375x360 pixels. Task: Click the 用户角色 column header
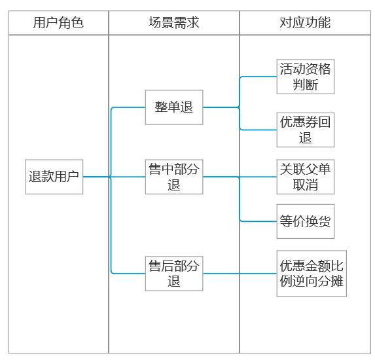[58, 23]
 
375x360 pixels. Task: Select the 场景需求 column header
[174, 23]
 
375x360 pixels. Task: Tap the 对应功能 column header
[305, 23]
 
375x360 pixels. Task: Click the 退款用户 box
[54, 177]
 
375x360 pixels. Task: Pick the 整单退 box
[174, 107]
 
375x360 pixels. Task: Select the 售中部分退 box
[174, 177]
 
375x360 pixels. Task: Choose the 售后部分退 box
[174, 274]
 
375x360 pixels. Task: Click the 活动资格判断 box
[306, 77]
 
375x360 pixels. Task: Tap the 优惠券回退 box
[306, 130]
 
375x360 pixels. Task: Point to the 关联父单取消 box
[306, 177]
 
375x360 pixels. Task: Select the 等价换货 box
[306, 221]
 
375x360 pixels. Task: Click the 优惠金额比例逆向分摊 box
[312, 274]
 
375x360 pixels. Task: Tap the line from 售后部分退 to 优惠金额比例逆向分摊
[240, 274]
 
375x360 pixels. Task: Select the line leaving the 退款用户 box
[96, 177]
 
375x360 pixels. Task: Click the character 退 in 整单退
[187, 107]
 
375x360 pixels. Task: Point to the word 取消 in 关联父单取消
[306, 185]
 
